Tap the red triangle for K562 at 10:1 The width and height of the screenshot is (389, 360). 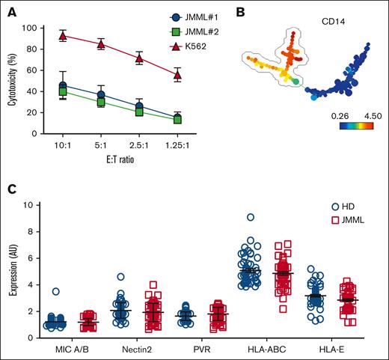click(63, 36)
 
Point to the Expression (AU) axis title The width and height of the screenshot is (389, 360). click(13, 270)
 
